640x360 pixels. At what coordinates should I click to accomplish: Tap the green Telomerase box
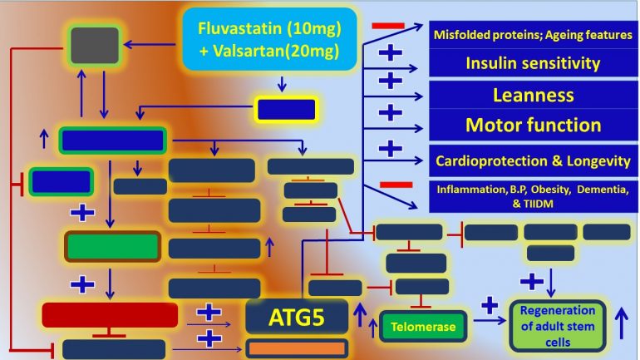tap(425, 327)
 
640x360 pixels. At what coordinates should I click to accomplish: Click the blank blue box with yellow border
tap(286, 109)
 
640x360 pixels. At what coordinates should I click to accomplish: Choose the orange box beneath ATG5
tap(296, 348)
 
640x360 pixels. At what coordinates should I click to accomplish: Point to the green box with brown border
tap(112, 245)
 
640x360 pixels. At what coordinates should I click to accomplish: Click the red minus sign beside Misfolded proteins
tap(387, 26)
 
